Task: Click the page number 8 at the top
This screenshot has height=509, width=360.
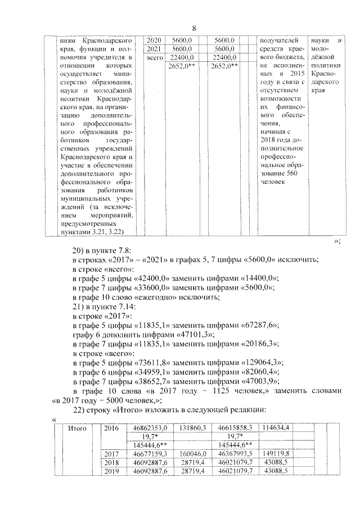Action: [x=194, y=28]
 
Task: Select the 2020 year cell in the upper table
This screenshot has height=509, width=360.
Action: [x=154, y=41]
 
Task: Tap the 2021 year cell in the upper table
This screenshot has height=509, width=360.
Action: [x=154, y=49]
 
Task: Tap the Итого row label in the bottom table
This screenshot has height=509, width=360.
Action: [x=77, y=429]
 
